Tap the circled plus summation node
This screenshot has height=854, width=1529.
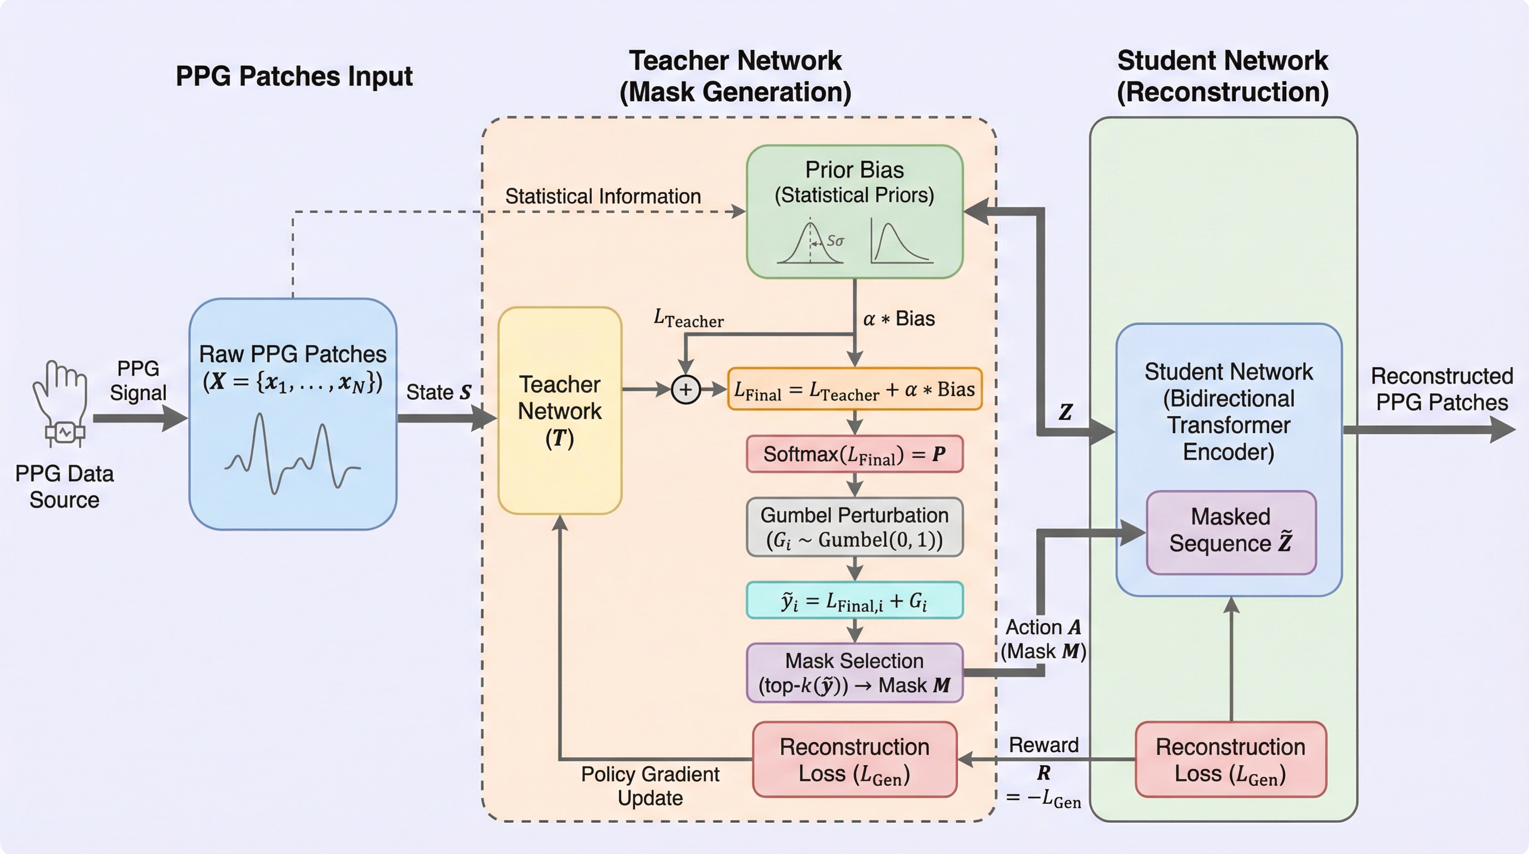[686, 390]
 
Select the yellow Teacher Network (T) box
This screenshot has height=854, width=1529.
[559, 410]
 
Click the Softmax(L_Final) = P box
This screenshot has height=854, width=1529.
[854, 454]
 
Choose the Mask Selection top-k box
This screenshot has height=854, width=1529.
[854, 673]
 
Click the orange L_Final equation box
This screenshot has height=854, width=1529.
[854, 390]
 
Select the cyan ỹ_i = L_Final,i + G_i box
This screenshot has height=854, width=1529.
[854, 601]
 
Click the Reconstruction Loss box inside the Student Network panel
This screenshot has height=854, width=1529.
[1231, 759]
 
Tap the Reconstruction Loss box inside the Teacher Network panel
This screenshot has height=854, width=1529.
[854, 759]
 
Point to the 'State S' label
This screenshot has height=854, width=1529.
[438, 393]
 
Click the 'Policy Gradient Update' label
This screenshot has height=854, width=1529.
[650, 786]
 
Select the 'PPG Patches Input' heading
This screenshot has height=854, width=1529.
[294, 77]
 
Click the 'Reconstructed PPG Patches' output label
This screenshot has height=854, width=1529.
[1442, 389]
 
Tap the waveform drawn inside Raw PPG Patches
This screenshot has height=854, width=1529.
[292, 454]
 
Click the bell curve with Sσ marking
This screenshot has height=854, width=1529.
[810, 243]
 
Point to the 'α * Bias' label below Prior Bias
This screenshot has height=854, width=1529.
[898, 319]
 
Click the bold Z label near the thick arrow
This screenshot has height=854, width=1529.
[1066, 412]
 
